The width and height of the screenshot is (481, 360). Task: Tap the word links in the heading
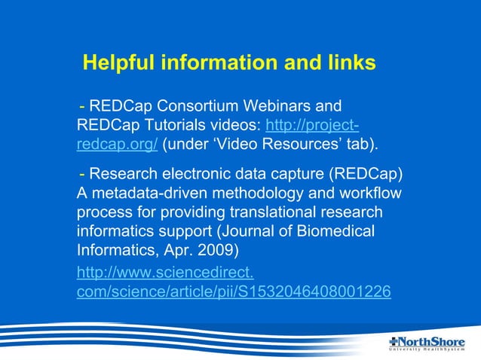pos(351,63)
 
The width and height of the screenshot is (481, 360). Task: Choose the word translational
pos(271,213)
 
